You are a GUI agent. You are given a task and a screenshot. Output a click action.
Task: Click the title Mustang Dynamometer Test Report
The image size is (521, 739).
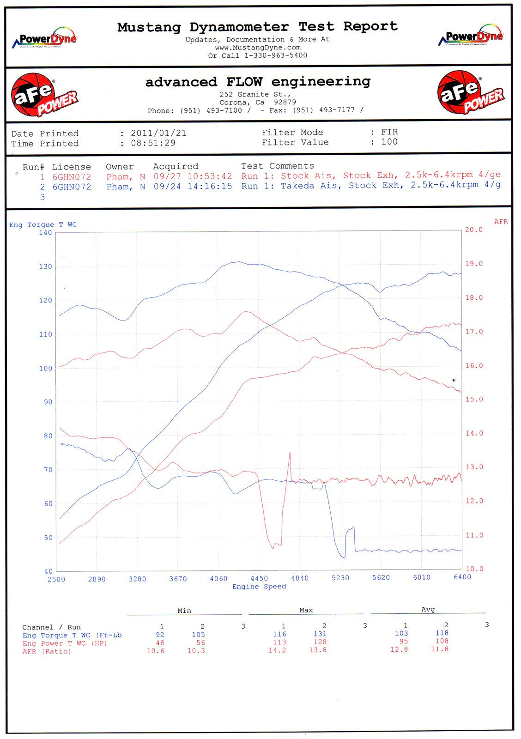(x=257, y=27)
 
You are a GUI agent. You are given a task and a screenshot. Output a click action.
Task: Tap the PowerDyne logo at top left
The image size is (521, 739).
(x=44, y=38)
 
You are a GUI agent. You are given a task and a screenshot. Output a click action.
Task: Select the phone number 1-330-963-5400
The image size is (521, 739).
(x=275, y=55)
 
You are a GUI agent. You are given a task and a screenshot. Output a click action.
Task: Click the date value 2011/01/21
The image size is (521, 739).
(x=158, y=133)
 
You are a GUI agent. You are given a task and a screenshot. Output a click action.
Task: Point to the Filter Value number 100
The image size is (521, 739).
(x=389, y=142)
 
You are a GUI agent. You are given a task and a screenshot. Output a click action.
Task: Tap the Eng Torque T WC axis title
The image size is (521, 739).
(x=43, y=225)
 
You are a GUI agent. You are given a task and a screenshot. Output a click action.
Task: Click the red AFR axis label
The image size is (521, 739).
(x=501, y=222)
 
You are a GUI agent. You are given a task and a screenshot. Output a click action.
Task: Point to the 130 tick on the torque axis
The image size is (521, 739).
(x=45, y=267)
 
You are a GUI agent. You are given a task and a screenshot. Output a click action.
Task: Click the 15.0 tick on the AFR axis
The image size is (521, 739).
(x=474, y=400)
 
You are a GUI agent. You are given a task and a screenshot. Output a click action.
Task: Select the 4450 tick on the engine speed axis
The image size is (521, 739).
(x=259, y=578)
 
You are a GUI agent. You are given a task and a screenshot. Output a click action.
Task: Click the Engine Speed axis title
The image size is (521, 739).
(x=259, y=587)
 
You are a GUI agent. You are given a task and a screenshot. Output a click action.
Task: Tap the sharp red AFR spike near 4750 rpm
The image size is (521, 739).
(x=290, y=454)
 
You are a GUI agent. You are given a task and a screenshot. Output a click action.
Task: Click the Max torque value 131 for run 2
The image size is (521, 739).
(x=320, y=634)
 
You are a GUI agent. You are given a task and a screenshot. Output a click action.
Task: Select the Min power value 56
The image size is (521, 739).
(x=200, y=642)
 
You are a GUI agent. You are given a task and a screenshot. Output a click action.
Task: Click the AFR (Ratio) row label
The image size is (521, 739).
(x=47, y=651)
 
